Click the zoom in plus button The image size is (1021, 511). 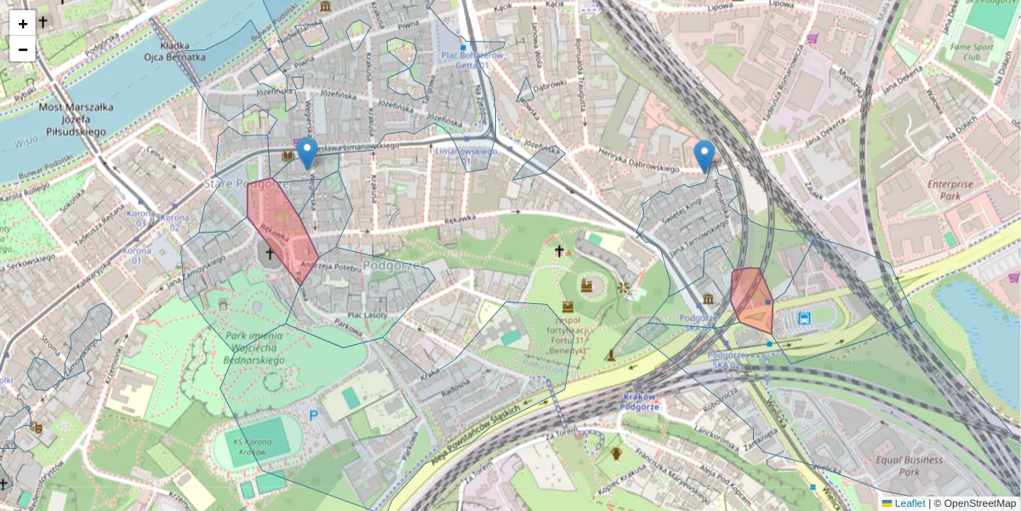click(x=23, y=24)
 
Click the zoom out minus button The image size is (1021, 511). click(x=23, y=49)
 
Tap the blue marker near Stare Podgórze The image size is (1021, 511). click(x=306, y=152)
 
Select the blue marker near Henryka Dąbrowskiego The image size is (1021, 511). click(x=704, y=155)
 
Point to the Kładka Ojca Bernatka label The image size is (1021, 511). click(x=174, y=50)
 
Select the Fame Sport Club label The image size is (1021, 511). click(x=966, y=50)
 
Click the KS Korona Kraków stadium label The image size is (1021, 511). click(x=253, y=446)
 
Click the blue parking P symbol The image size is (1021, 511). click(x=313, y=416)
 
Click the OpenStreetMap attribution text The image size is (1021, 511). click(x=974, y=503)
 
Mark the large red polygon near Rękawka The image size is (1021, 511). click(x=281, y=226)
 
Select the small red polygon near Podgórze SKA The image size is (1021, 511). click(x=750, y=298)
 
